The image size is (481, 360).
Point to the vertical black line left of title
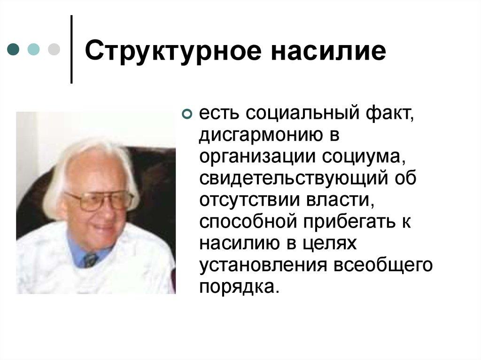point(71,49)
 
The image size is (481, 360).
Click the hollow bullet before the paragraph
point(186,115)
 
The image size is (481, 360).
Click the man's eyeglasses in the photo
point(99,201)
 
